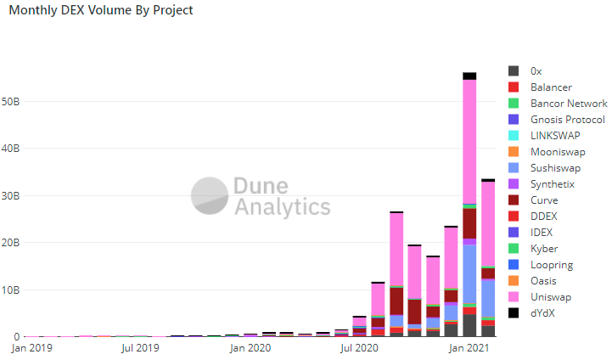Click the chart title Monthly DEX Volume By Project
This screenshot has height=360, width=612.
point(100,11)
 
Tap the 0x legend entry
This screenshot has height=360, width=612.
point(536,71)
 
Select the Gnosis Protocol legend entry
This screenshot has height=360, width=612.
point(567,120)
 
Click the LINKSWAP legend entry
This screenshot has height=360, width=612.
point(555,136)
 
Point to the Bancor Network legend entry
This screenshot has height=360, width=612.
point(568,104)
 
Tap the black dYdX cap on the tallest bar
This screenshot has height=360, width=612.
point(469,76)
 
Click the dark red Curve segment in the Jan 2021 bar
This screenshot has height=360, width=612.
point(469,222)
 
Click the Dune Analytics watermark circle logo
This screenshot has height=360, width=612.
point(207,195)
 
